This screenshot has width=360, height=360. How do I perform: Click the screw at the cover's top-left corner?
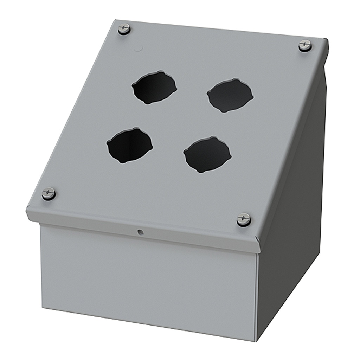(124, 28)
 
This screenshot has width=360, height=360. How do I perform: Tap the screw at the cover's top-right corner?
(305, 45)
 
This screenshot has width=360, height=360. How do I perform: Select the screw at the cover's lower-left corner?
(49, 193)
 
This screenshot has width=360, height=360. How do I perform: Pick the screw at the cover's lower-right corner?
(244, 219)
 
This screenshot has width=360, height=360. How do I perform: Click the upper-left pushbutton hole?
(154, 88)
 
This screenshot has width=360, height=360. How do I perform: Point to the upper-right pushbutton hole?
(230, 95)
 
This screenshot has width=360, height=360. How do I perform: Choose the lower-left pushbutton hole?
(130, 145)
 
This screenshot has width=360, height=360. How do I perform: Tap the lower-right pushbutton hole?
(207, 155)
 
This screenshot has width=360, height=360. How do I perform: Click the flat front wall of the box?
(148, 278)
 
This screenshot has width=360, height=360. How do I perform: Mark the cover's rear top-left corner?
(117, 21)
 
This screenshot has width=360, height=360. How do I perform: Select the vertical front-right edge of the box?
(257, 295)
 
